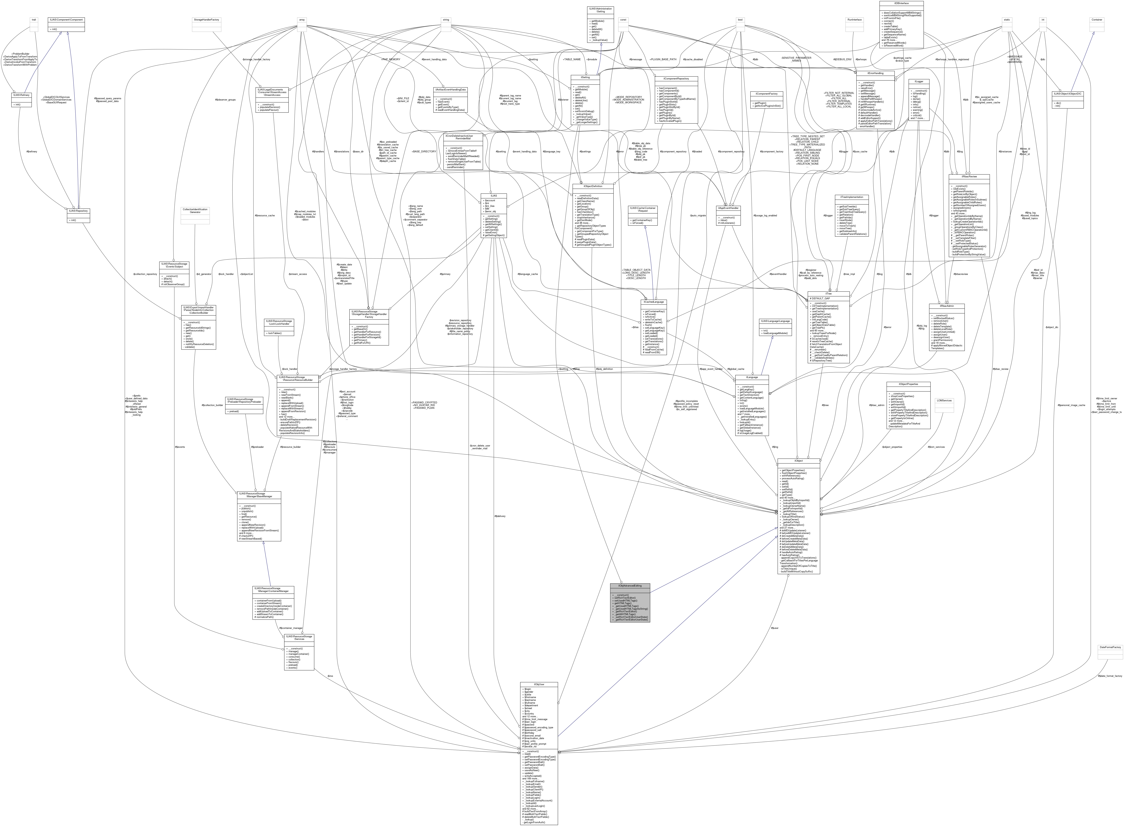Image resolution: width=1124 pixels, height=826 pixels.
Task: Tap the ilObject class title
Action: pos(798,460)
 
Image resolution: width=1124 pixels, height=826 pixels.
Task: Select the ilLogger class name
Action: pos(919,81)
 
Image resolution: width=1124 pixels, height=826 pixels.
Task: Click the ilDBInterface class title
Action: pos(901,3)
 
